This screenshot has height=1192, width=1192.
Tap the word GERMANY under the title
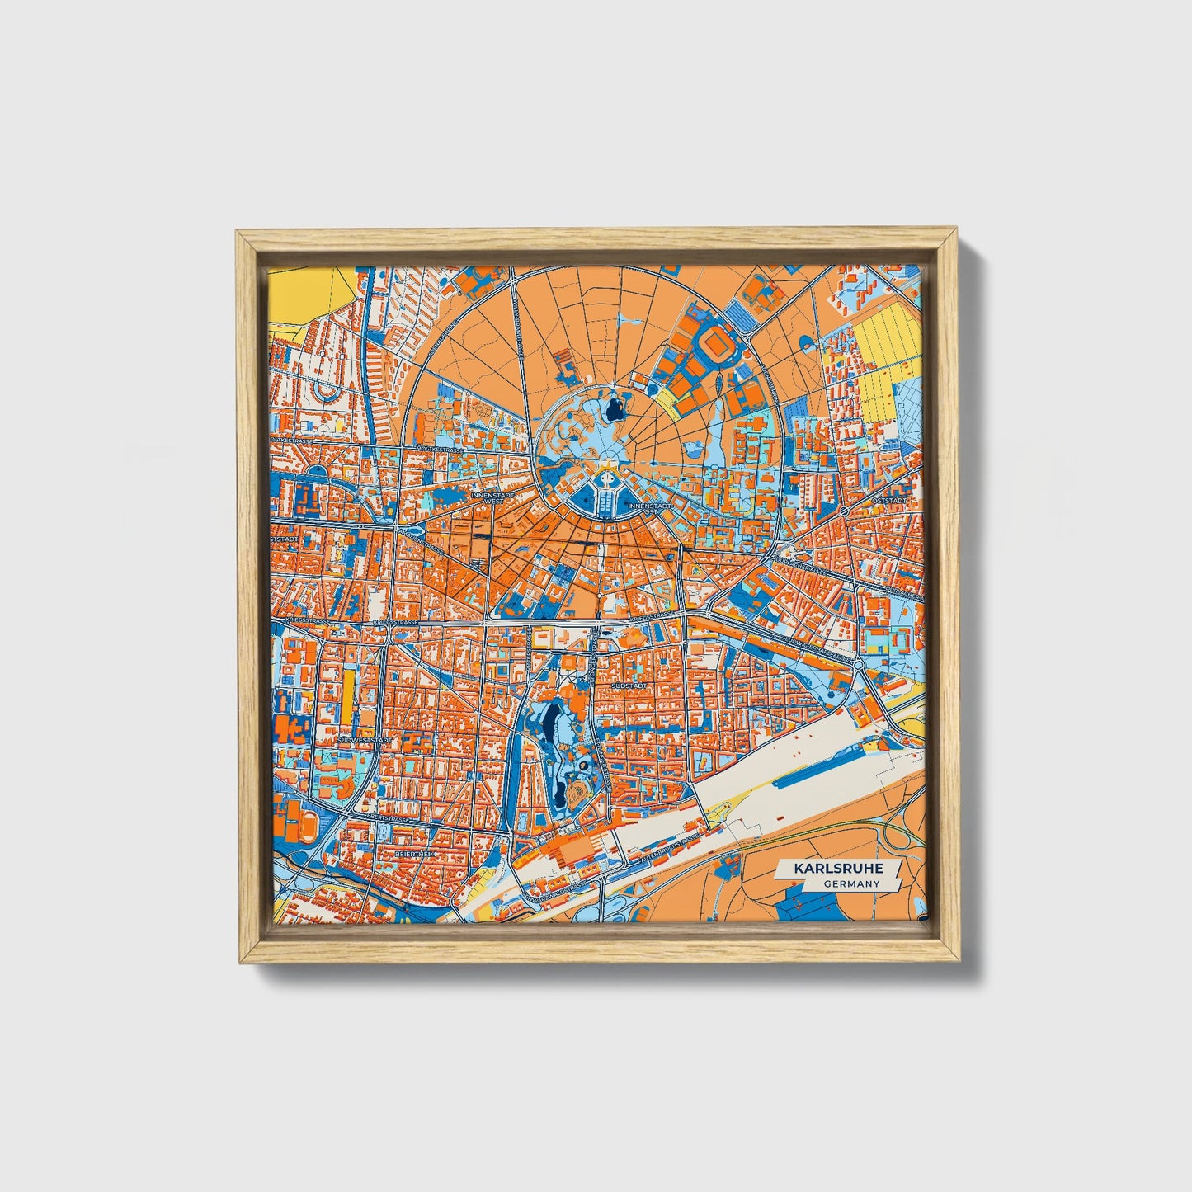[850, 883]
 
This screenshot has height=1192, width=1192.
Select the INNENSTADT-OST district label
[644, 508]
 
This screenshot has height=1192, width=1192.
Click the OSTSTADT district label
[893, 500]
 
